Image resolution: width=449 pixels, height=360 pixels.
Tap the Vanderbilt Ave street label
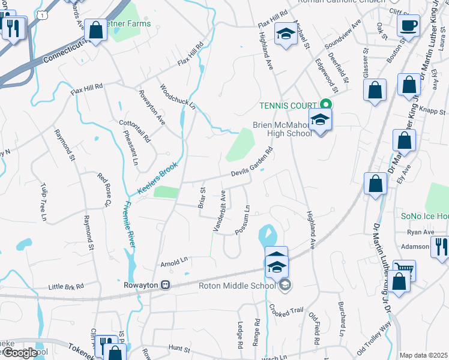[219, 211]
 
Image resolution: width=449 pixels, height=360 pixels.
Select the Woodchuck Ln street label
[178, 97]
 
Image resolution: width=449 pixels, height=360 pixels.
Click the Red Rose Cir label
[104, 189]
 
